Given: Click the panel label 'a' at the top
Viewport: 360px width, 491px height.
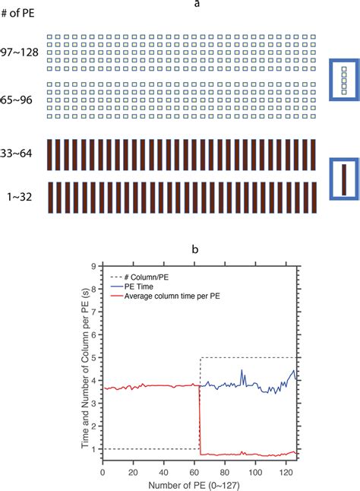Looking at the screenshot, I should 197,5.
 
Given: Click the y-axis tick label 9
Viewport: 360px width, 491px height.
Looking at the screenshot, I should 93,266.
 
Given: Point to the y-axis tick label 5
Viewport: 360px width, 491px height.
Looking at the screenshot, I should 93,357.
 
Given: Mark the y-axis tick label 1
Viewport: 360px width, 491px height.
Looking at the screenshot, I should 93,448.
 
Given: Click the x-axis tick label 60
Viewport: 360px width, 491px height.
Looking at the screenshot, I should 194,472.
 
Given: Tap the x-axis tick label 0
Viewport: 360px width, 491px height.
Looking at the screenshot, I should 103,472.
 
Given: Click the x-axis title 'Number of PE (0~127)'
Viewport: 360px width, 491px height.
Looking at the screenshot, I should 200,484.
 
